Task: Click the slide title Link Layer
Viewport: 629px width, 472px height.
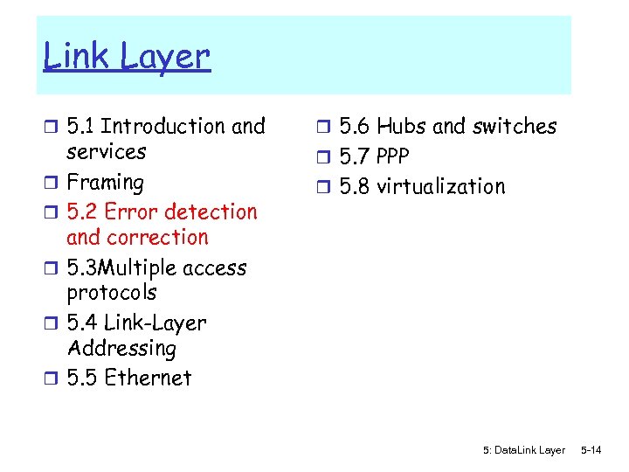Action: (127, 58)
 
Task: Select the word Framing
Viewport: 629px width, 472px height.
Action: (105, 183)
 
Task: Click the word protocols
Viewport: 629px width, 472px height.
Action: (112, 293)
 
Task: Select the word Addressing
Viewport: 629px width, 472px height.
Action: (121, 348)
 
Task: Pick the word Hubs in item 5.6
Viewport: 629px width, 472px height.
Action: (401, 127)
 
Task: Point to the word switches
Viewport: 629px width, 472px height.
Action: (514, 127)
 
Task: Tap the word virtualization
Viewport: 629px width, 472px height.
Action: (440, 187)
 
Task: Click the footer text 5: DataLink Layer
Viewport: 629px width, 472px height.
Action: (523, 450)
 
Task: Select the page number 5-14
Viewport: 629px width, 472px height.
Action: (591, 450)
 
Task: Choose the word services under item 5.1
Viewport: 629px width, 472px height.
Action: (107, 152)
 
